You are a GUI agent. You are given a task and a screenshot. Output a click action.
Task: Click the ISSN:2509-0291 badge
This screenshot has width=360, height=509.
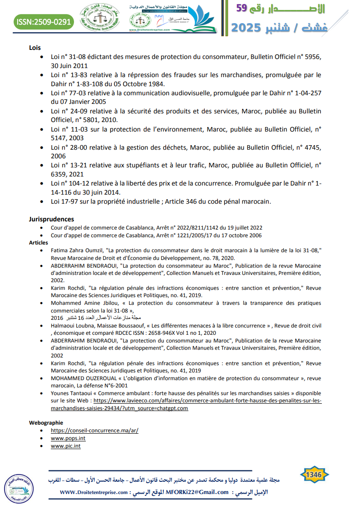(x=44, y=21)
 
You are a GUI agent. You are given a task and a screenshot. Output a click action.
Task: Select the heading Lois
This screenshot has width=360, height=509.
(x=35, y=47)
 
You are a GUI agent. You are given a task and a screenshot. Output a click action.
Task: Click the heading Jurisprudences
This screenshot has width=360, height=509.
(x=51, y=219)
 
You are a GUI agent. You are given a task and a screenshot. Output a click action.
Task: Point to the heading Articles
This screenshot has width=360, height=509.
(x=39, y=243)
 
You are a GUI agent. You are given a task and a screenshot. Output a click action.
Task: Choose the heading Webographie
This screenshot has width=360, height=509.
(x=46, y=422)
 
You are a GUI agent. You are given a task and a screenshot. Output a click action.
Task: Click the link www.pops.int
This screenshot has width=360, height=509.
(x=68, y=438)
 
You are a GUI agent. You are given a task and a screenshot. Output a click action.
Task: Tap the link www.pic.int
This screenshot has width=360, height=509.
(x=66, y=446)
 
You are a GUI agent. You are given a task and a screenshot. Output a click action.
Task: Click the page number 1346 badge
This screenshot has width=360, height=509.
(x=314, y=475)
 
